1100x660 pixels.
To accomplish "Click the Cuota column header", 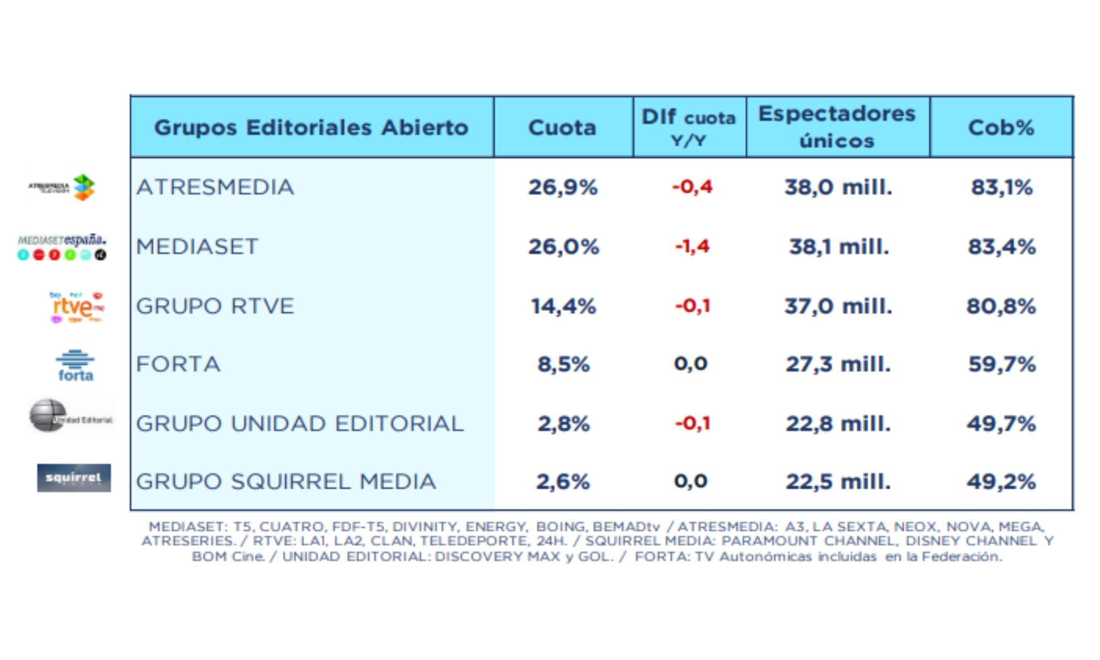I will (562, 128).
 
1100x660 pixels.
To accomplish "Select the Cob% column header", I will (1001, 128).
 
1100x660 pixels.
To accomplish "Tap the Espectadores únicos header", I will (837, 127).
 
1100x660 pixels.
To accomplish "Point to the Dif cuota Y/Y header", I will (689, 127).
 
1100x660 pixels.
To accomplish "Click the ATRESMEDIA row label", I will (215, 188).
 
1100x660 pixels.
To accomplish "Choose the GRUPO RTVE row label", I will (215, 306).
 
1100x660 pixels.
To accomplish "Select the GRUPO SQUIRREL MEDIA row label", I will (286, 482).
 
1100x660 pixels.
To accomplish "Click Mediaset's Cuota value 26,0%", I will (563, 247).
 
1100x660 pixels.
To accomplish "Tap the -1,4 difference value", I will (692, 246).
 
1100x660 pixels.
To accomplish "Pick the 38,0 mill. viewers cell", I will (838, 188).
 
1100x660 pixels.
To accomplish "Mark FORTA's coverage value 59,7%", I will (1002, 365).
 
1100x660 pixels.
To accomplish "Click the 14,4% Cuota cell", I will (563, 306).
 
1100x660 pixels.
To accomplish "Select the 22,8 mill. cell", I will (838, 424).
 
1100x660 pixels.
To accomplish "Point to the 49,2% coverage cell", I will (1002, 482).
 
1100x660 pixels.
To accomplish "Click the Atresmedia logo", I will (63, 188).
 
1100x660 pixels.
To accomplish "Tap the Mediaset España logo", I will (62, 247).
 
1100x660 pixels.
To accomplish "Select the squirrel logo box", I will (74, 478).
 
